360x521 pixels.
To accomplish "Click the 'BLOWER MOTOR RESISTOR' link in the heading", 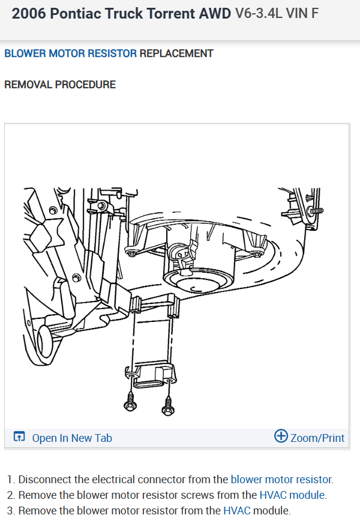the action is (x=70, y=53).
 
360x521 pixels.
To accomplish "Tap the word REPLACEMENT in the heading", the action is (x=176, y=53).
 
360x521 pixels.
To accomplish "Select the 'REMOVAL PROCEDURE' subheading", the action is (x=60, y=85).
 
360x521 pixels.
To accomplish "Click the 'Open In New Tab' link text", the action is (x=72, y=438).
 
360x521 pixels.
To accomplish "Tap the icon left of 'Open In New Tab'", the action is (x=19, y=436).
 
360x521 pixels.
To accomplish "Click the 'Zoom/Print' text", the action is (x=317, y=438).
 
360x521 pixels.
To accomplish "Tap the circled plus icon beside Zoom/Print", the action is (x=281, y=436).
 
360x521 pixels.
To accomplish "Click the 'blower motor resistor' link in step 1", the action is (x=281, y=480).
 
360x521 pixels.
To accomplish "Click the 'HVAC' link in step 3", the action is (x=236, y=510).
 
